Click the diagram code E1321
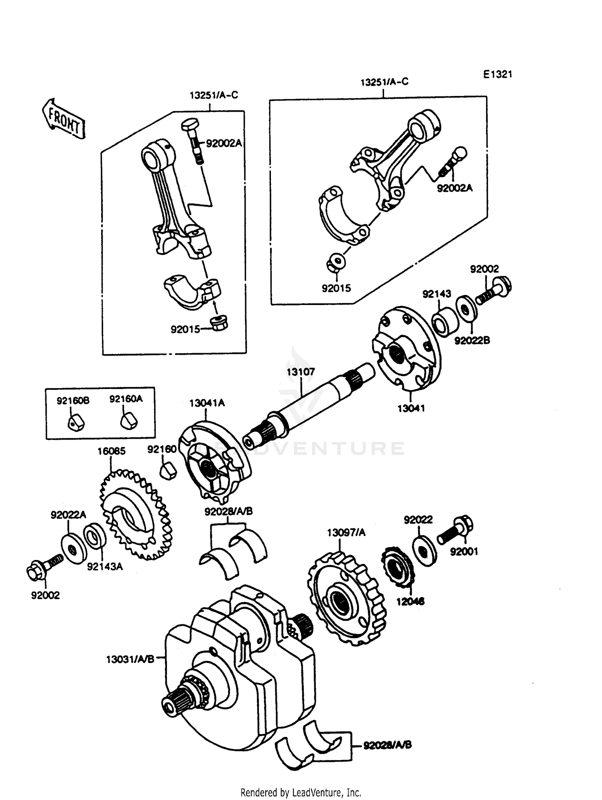(497, 75)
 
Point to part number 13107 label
(301, 372)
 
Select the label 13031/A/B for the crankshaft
(130, 659)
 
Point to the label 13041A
(207, 403)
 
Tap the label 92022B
(472, 341)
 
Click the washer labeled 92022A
(74, 548)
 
